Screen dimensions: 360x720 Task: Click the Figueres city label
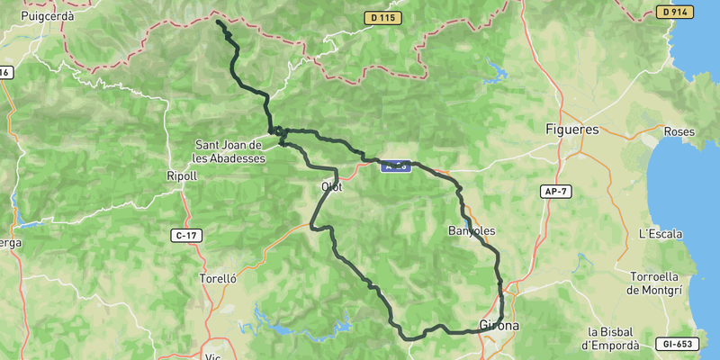pyautogui.click(x=571, y=130)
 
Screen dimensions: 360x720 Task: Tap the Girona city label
pyautogui.click(x=499, y=325)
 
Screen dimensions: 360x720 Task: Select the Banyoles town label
pyautogui.click(x=472, y=231)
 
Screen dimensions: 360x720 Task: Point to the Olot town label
pyautogui.click(x=332, y=186)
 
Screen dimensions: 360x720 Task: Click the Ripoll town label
pyautogui.click(x=182, y=176)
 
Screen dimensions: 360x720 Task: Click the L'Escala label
pyautogui.click(x=661, y=234)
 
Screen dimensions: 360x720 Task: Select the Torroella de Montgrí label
pyautogui.click(x=661, y=281)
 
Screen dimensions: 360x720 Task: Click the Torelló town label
pyautogui.click(x=218, y=279)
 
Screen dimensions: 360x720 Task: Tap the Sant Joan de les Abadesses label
pyautogui.click(x=229, y=150)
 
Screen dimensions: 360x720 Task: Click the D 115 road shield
pyautogui.click(x=382, y=18)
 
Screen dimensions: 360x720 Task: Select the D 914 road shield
pyautogui.click(x=674, y=13)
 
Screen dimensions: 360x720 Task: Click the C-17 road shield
pyautogui.click(x=185, y=235)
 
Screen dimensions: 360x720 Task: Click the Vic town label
pyautogui.click(x=213, y=356)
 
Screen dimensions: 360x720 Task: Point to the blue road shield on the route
pyautogui.click(x=396, y=166)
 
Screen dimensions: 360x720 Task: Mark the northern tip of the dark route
pyautogui.click(x=218, y=20)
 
